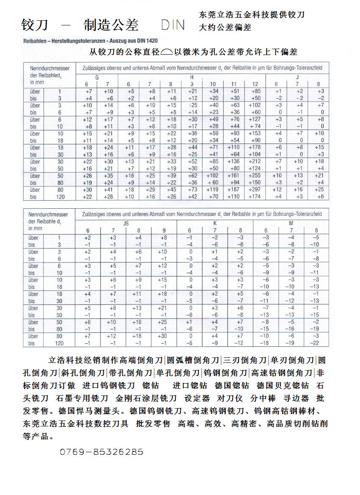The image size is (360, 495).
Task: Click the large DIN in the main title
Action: click(173, 25)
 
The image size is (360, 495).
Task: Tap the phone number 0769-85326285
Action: click(101, 452)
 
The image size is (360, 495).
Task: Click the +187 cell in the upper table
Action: click(233, 190)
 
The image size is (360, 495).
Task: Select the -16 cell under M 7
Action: click(291, 329)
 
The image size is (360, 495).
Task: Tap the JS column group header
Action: click(126, 222)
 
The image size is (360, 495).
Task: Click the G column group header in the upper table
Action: click(97, 77)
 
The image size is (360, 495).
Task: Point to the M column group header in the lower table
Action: click(291, 222)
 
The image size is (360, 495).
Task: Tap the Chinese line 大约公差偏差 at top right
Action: click(225, 28)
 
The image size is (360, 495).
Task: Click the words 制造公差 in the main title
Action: click(111, 25)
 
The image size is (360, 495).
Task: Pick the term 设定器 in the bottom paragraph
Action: click(197, 398)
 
